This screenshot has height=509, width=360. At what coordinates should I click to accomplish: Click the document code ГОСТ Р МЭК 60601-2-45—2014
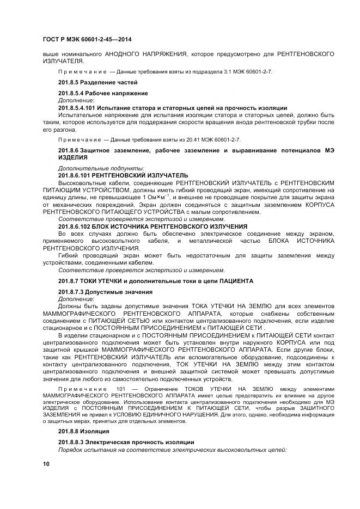tap(87, 40)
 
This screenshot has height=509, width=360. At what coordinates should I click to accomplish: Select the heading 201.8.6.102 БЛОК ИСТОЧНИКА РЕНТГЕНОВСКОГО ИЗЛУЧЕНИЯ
tap(152, 226)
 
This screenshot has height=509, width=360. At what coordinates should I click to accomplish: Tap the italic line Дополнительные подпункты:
tap(101, 169)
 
